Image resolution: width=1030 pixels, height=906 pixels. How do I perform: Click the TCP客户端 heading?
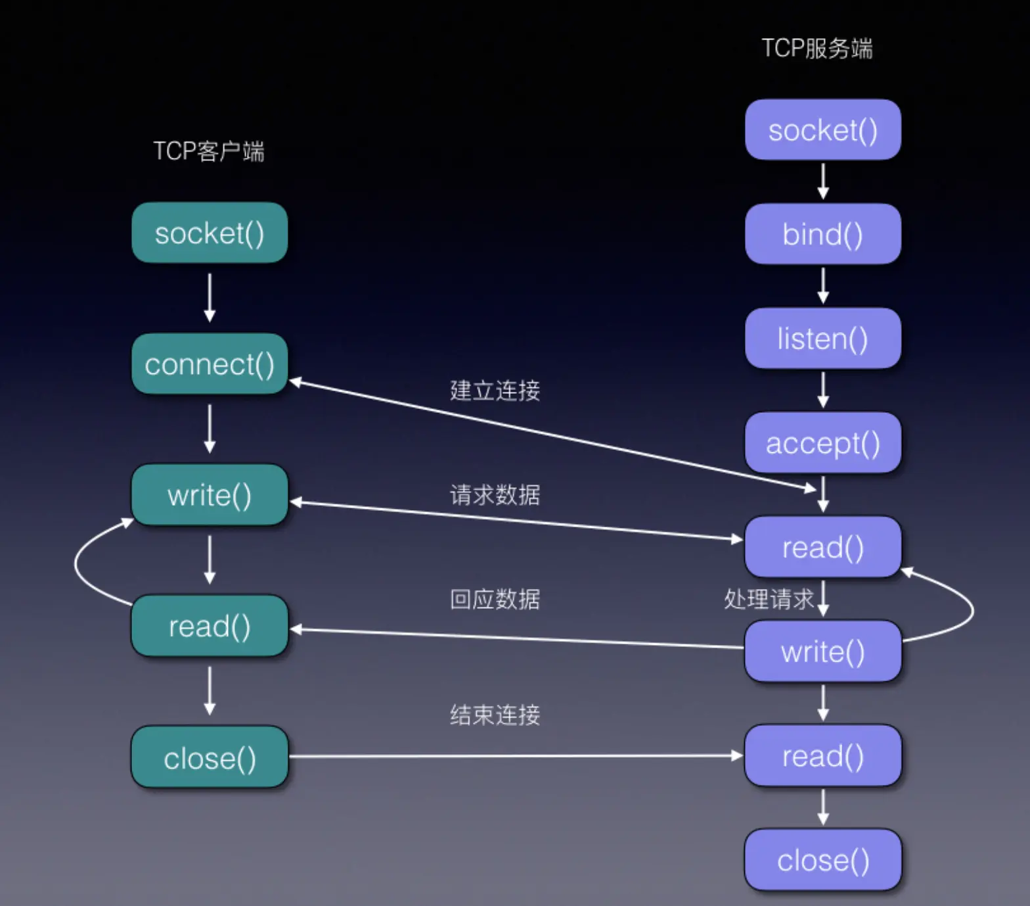pos(209,151)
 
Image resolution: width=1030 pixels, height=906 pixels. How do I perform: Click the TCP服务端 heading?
pos(817,49)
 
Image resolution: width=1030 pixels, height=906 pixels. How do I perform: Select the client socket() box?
pos(210,233)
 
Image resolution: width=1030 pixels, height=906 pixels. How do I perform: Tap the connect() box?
pos(210,364)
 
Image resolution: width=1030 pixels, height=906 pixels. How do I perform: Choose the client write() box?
pos(210,495)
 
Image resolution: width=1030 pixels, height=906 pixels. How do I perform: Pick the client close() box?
pos(210,758)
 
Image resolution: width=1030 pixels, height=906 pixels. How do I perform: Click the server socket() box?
pos(822,130)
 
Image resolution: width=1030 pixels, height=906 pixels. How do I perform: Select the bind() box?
pos(822,234)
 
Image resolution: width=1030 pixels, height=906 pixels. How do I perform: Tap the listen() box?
pos(822,339)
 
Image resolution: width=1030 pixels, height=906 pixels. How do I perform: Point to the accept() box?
pos(822,443)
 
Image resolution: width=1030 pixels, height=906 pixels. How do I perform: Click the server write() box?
pos(822,652)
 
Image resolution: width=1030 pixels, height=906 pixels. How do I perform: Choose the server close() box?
pos(822,860)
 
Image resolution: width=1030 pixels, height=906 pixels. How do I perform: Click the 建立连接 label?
pos(495,391)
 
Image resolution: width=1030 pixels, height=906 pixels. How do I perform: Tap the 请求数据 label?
pos(495,494)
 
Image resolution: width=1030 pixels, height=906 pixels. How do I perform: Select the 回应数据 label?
pos(495,600)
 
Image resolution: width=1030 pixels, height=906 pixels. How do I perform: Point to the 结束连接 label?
pos(495,715)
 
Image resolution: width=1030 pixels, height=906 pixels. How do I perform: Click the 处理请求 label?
pos(769,600)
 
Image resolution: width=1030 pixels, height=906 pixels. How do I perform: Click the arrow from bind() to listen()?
pos(823,285)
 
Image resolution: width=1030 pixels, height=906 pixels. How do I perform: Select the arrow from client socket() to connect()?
pos(210,298)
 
